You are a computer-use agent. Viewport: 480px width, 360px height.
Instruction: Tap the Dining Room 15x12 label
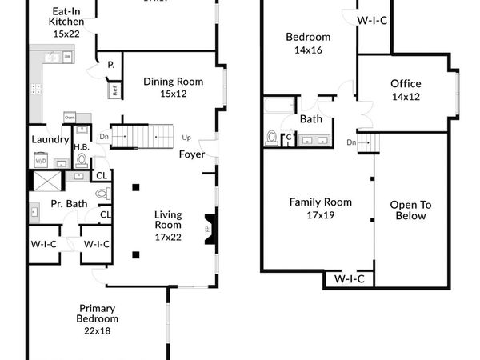coord(173,87)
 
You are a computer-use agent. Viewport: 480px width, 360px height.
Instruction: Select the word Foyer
coord(191,154)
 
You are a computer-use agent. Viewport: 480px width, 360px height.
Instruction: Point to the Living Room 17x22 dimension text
coord(167,237)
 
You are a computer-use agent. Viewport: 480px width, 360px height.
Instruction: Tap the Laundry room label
coord(48,138)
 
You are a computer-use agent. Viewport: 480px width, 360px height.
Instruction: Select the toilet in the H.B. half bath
coord(82,159)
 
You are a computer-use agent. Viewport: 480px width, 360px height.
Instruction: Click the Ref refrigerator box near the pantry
coord(115,90)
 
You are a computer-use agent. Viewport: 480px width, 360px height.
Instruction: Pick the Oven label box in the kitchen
coord(70,118)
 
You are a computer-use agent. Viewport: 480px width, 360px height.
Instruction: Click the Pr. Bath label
coord(69,204)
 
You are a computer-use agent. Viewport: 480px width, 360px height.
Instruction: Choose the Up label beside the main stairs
coord(187,137)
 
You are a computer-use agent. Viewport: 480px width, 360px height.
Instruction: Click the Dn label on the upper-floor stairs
coord(352,142)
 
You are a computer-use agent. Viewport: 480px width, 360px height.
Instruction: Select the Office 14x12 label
coord(406,90)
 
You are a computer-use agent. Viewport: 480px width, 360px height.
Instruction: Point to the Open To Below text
coord(410,210)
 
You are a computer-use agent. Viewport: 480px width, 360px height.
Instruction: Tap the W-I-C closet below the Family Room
coord(349,278)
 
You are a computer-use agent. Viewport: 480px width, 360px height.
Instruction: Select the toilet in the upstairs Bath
coord(271,138)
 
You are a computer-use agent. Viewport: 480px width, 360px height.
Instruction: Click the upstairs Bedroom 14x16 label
coord(308,42)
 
